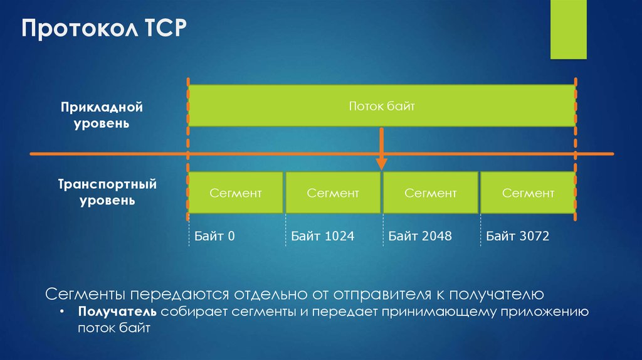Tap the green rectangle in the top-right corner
tap(568, 29)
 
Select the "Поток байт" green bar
tap(382, 107)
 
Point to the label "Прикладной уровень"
tap(102, 115)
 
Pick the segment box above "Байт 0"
tap(236, 193)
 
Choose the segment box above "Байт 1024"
tap(333, 193)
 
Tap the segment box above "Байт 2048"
tap(431, 193)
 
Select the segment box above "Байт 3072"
tap(528, 193)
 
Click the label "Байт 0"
tap(214, 236)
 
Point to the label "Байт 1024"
tap(322, 236)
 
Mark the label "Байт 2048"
tap(419, 236)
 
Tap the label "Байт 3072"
tap(517, 236)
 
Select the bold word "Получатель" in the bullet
tap(117, 312)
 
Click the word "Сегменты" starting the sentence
tap(85, 294)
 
